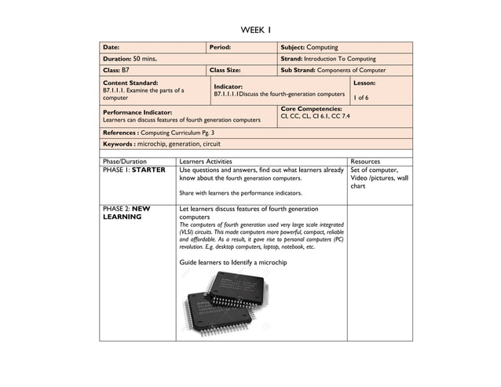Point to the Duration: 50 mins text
[x=130, y=58]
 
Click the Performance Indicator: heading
[x=137, y=112]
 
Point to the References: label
[x=121, y=133]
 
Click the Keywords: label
[x=119, y=144]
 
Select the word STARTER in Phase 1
[x=148, y=170]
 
